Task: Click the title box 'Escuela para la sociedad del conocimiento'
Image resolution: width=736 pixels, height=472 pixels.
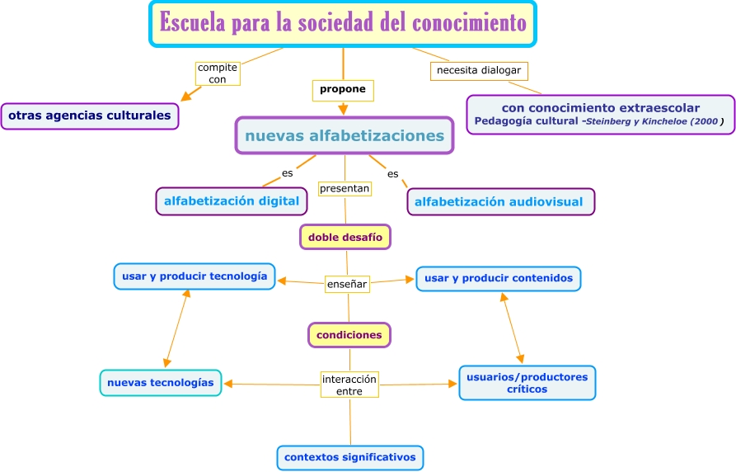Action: point(343,23)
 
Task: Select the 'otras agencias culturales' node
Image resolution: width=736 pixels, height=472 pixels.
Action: point(90,116)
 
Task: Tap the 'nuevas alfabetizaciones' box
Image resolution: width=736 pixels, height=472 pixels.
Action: point(344,135)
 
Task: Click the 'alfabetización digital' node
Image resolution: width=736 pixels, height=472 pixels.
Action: point(232,201)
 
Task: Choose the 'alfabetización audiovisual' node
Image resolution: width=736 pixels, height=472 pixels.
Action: point(499,201)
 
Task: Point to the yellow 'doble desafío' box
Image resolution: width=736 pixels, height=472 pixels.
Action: point(345,237)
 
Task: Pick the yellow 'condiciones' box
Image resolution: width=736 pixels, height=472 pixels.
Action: point(349,335)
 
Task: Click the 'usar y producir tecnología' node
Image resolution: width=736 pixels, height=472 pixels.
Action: point(194,276)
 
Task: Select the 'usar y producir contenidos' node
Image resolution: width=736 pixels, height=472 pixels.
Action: point(499,279)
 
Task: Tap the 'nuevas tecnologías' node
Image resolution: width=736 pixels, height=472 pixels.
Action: point(161,383)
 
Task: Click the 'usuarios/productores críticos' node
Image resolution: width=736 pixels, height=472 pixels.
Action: point(527,383)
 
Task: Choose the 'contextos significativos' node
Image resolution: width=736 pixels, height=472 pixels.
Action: point(350,457)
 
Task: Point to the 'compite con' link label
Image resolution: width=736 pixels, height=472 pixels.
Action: point(218,73)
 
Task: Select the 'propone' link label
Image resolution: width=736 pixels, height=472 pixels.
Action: point(343,89)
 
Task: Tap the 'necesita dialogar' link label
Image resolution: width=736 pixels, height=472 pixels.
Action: point(479,71)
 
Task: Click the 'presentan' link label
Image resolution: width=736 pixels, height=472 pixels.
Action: point(345,189)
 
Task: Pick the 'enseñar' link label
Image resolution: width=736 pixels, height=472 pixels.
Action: point(347,284)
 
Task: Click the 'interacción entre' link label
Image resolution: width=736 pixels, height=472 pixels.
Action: point(349,385)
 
